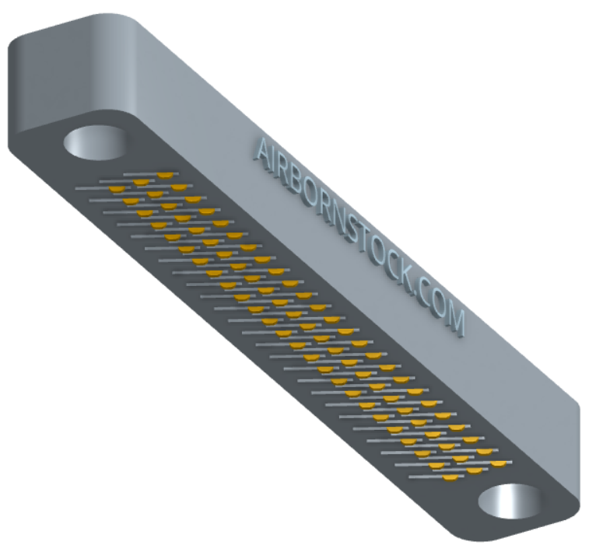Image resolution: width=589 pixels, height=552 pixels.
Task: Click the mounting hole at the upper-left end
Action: click(x=96, y=143)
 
